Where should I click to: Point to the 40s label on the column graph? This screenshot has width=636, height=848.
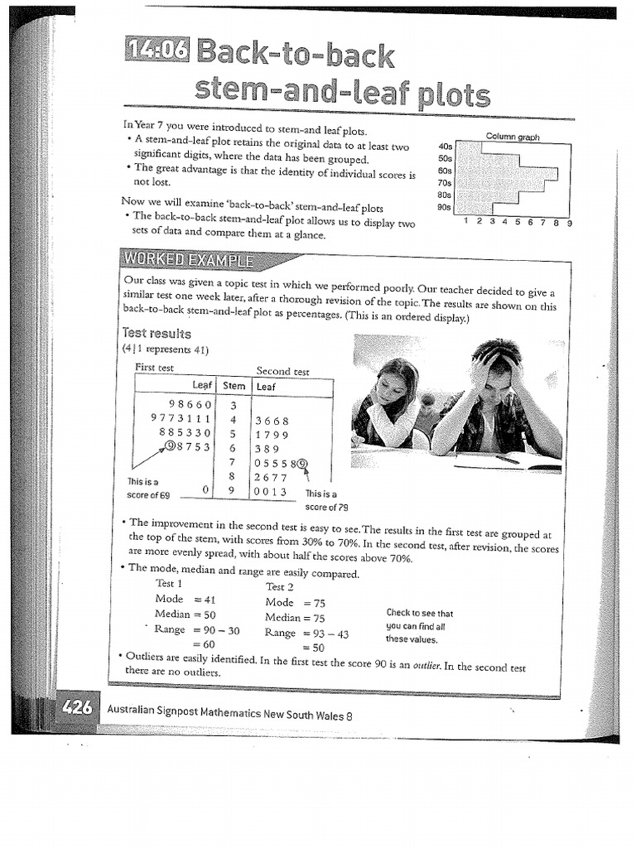pyautogui.click(x=445, y=147)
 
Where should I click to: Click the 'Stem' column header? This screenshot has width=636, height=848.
pyautogui.click(x=234, y=386)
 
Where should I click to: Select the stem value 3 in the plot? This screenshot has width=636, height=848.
pyautogui.click(x=234, y=406)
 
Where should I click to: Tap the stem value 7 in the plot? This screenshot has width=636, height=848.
pyautogui.click(x=234, y=462)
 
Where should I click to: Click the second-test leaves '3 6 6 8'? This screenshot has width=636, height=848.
pyautogui.click(x=272, y=421)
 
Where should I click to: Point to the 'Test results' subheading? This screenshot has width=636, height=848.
pyautogui.click(x=157, y=334)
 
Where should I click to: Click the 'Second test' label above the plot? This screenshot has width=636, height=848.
pyautogui.click(x=282, y=372)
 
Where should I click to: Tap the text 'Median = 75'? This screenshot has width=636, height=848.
pyautogui.click(x=295, y=618)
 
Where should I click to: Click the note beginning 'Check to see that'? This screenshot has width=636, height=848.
pyautogui.click(x=420, y=626)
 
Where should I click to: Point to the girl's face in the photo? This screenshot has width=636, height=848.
pyautogui.click(x=393, y=386)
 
